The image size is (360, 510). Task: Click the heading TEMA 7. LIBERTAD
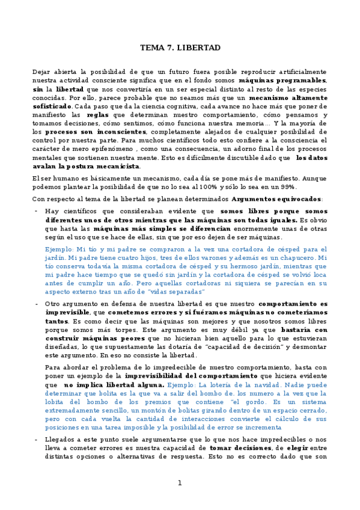pos(180,47)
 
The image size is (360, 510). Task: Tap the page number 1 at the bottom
pos(179,483)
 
